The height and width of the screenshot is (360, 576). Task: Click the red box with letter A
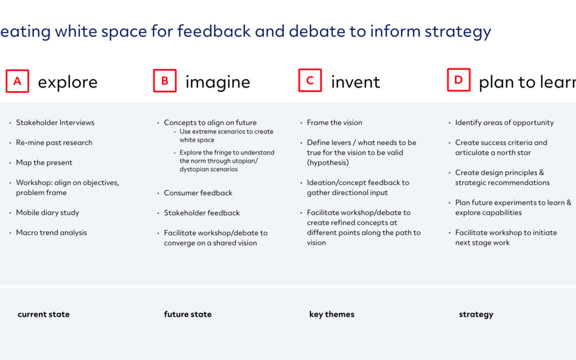point(17,81)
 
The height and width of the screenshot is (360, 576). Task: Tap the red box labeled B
point(165,81)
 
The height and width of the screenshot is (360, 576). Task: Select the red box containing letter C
point(310,80)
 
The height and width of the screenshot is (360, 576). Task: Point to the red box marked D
point(459,79)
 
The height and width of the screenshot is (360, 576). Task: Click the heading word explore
point(68,82)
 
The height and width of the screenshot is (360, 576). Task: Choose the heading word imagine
point(218,82)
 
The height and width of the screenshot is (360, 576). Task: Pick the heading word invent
point(356,82)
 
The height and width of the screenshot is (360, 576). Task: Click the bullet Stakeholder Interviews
point(55,123)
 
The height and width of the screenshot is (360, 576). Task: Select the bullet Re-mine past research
point(54,142)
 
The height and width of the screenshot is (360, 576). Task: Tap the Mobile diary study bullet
point(47,213)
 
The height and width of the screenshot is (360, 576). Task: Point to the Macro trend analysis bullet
point(51,233)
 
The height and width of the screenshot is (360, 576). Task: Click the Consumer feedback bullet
point(198,193)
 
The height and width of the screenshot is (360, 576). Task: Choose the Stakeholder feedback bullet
point(202,213)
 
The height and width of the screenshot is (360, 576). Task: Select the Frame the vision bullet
point(334,123)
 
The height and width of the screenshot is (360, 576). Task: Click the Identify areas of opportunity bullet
point(505,123)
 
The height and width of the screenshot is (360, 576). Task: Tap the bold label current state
point(44,315)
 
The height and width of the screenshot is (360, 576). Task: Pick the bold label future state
point(188,315)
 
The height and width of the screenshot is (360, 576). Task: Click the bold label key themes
point(332,315)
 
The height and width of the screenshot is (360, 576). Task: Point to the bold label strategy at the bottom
point(476,315)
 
